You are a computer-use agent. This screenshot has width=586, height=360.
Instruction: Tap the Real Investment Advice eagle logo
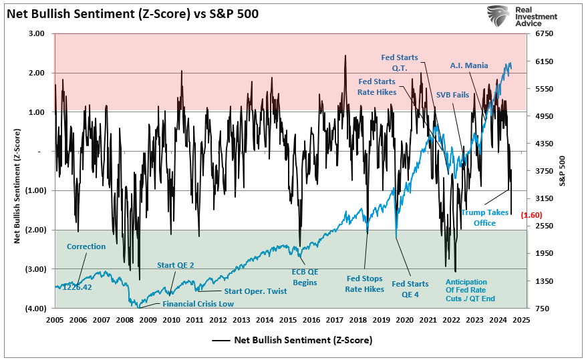pyautogui.click(x=498, y=16)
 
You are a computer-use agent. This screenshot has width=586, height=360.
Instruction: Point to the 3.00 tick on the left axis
pyautogui.click(x=36, y=33)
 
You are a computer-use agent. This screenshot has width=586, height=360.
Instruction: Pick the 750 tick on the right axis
pyautogui.click(x=545, y=309)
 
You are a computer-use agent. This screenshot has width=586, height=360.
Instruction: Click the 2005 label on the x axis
pyautogui.click(x=55, y=320)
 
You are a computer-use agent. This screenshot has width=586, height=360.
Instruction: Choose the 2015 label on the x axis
pyautogui.click(x=289, y=320)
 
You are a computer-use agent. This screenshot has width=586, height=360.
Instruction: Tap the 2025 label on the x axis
pyautogui.click(x=522, y=320)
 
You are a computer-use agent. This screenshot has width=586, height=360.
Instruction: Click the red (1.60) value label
pyautogui.click(x=531, y=214)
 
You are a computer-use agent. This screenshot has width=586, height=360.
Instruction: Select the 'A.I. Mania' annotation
pyautogui.click(x=468, y=65)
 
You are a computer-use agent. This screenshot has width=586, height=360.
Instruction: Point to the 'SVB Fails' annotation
pyautogui.click(x=452, y=95)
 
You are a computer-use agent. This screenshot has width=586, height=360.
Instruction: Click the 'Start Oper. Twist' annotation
pyautogui.click(x=255, y=291)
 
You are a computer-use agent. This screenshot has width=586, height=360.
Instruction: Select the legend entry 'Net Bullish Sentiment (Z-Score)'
pyautogui.click(x=303, y=340)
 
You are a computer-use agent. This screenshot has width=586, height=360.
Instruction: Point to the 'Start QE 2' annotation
pyautogui.click(x=175, y=265)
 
